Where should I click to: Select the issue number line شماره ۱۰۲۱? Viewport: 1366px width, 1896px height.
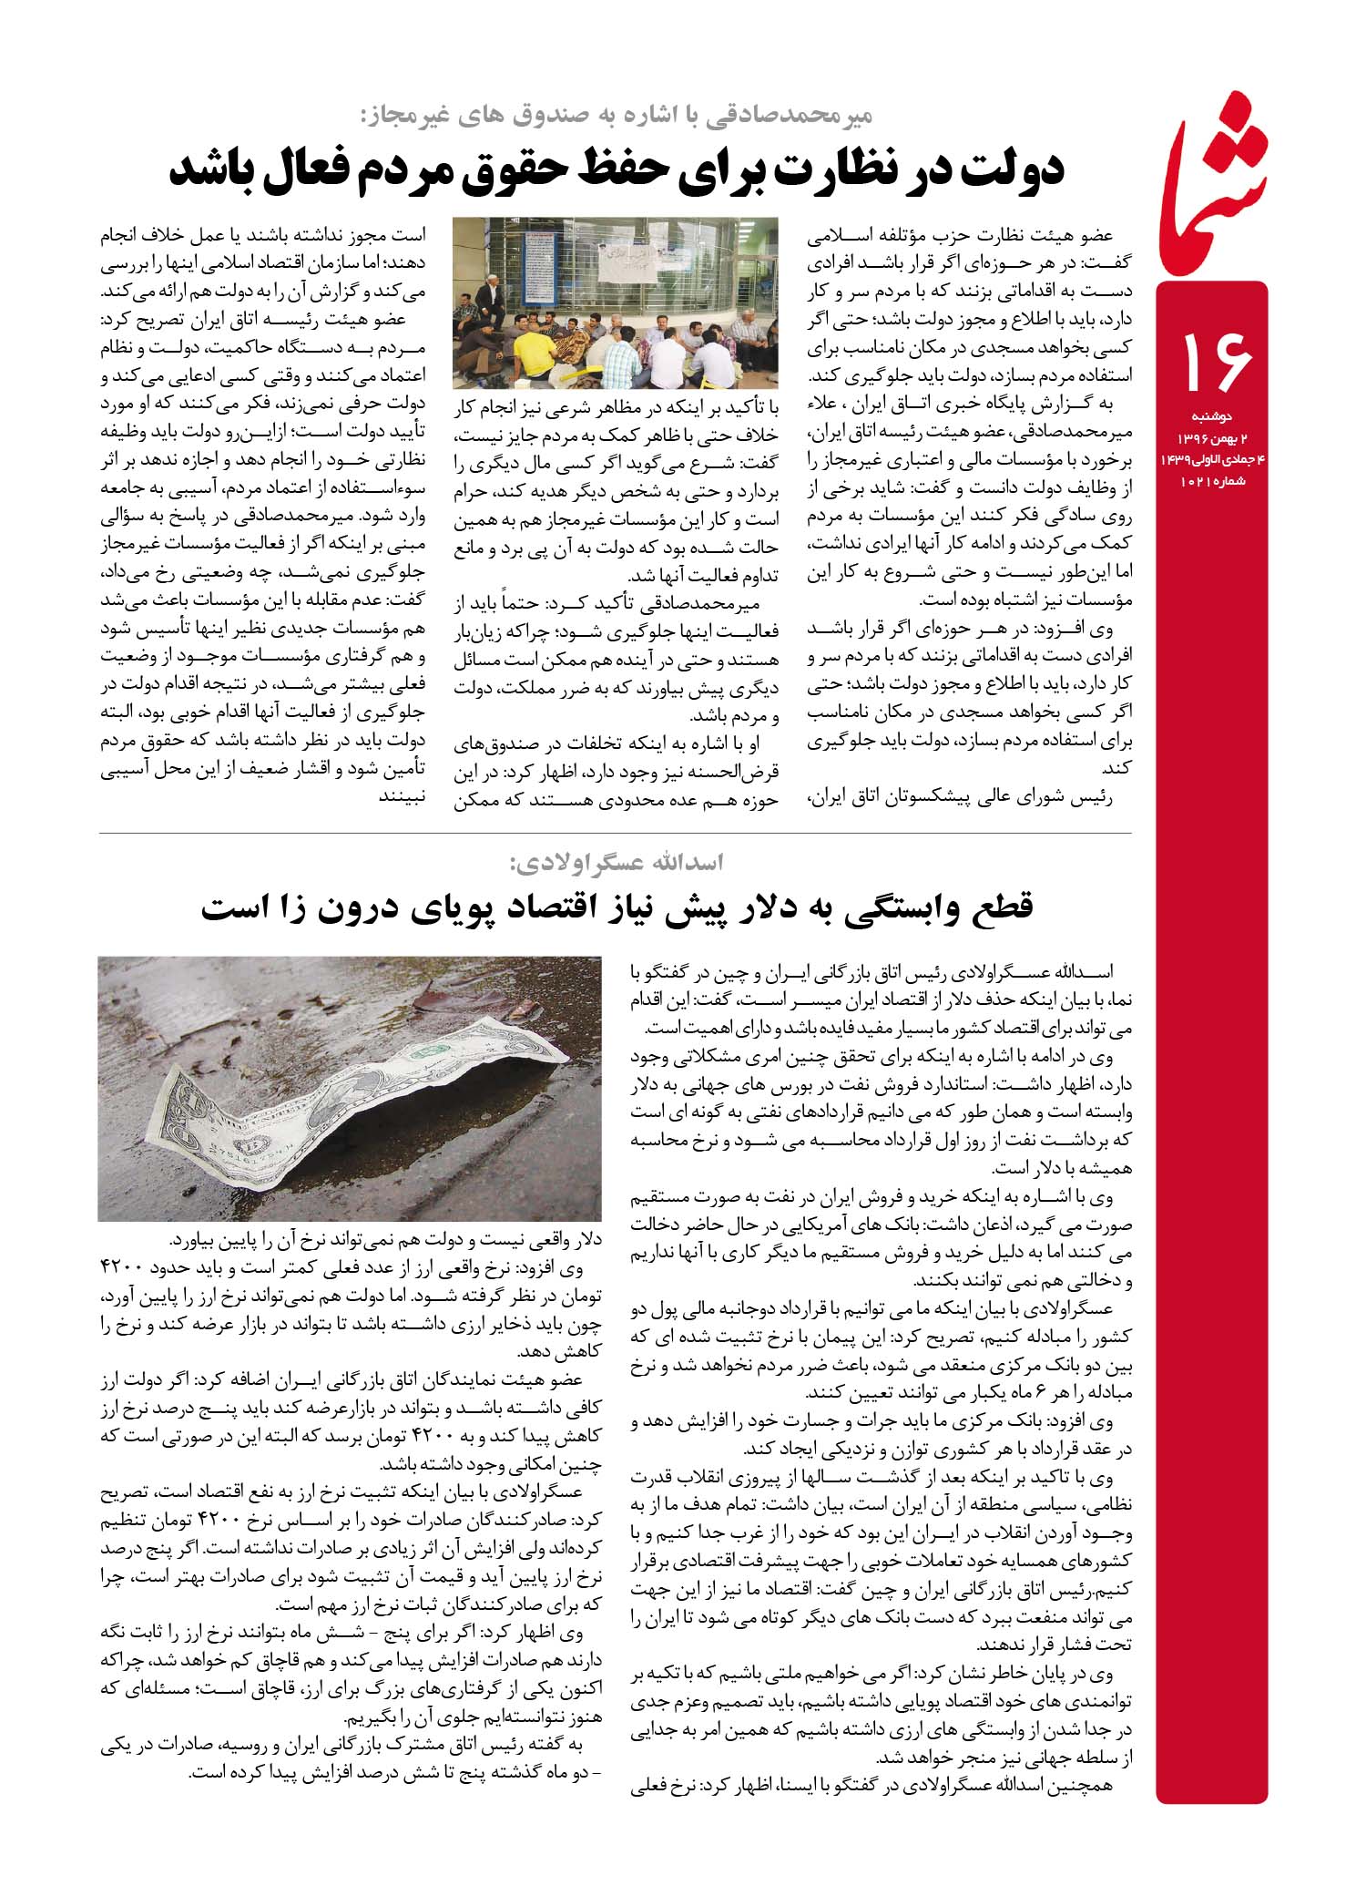coord(1215,480)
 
